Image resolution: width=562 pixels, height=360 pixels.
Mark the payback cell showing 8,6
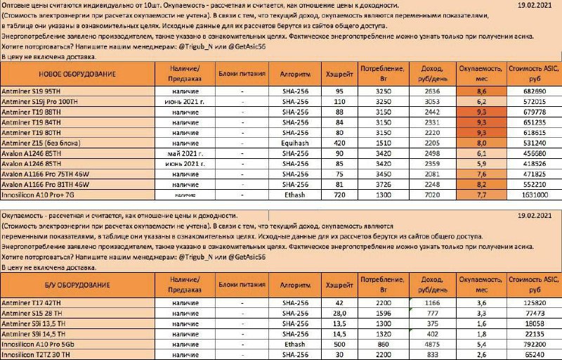pos(481,91)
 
